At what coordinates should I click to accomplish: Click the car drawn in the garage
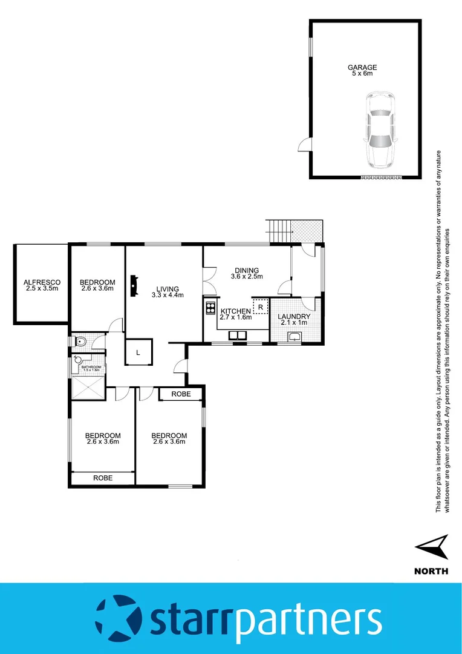(x=379, y=130)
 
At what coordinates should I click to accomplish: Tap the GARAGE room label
(x=362, y=68)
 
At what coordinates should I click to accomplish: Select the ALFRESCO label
(x=42, y=282)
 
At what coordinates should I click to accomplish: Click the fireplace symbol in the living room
(x=133, y=283)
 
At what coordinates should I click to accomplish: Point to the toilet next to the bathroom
(x=80, y=342)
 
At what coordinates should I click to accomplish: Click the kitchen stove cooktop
(x=210, y=307)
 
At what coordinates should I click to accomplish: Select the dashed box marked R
(x=260, y=307)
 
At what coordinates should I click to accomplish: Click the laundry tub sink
(x=294, y=337)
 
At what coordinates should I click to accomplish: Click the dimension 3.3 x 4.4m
(x=168, y=296)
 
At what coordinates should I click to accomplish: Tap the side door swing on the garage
(x=304, y=145)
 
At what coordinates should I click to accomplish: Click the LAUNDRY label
(x=294, y=317)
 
